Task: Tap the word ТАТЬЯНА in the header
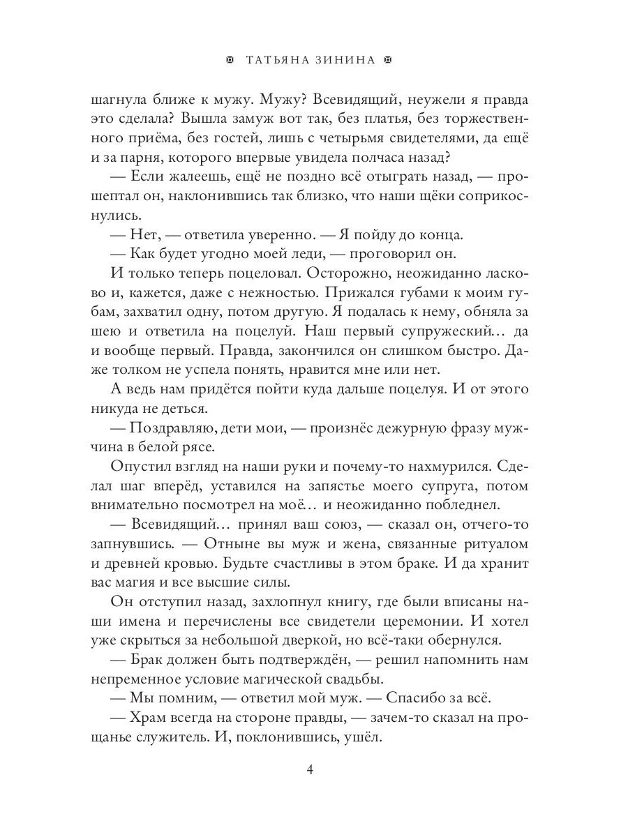276,61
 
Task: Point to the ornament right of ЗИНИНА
389,61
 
